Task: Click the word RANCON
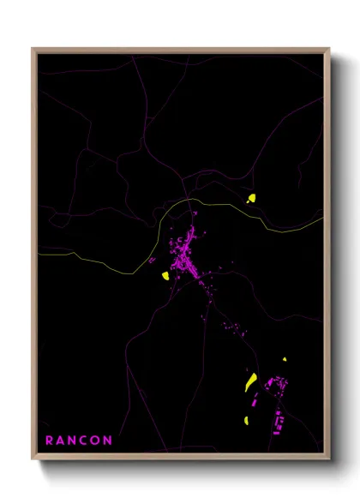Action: tap(79, 441)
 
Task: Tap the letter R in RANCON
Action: tap(50, 441)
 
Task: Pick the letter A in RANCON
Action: tap(61, 441)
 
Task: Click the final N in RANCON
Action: tap(108, 441)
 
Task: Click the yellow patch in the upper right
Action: tap(252, 199)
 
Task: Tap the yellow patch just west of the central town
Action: tap(164, 276)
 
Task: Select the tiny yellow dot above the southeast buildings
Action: tap(285, 359)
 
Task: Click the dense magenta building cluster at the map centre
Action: tap(185, 257)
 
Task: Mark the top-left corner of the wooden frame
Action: tap(33, 49)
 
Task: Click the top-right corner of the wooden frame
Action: tap(330, 49)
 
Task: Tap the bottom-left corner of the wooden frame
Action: tap(33, 459)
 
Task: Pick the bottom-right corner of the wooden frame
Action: tap(330, 459)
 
